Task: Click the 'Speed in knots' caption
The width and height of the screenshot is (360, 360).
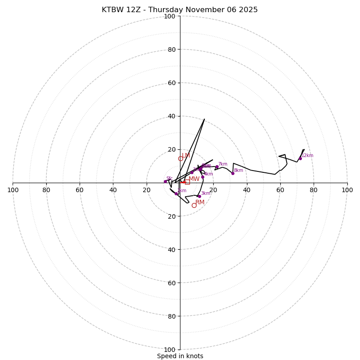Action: [180, 356]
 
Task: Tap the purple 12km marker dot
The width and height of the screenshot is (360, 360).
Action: [300, 158]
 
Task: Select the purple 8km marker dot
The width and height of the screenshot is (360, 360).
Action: [233, 173]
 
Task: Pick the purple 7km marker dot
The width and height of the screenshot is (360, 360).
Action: [217, 167]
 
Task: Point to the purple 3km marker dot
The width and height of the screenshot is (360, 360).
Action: [199, 196]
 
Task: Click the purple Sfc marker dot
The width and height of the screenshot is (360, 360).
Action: [165, 181]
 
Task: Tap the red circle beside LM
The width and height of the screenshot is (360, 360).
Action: [180, 158]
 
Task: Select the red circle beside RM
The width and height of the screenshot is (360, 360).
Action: [194, 205]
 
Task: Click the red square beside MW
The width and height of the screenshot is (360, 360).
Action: [187, 182]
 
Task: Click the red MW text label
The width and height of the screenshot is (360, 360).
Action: [194, 179]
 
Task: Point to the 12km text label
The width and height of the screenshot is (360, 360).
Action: [307, 156]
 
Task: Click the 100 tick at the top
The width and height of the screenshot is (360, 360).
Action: [170, 16]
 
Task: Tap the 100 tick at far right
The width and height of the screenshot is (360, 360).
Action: [347, 190]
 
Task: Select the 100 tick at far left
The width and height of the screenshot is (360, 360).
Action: [13, 190]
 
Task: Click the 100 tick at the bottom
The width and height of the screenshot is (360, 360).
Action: [170, 349]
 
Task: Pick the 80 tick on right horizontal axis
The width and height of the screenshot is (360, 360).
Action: [314, 190]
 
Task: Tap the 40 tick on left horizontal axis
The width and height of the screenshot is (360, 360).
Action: [113, 190]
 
